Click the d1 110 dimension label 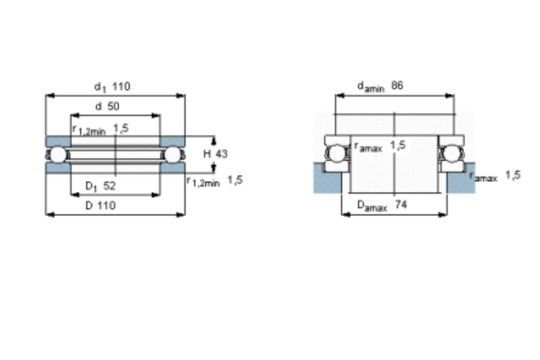tap(112, 86)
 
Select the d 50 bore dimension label tap(107, 106)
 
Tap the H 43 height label tap(215, 154)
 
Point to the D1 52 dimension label tap(100, 186)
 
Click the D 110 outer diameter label tap(100, 206)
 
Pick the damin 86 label tap(380, 86)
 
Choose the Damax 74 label tap(382, 205)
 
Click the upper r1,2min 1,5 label tap(101, 129)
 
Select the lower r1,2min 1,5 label tap(215, 181)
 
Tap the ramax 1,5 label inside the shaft tap(380, 146)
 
